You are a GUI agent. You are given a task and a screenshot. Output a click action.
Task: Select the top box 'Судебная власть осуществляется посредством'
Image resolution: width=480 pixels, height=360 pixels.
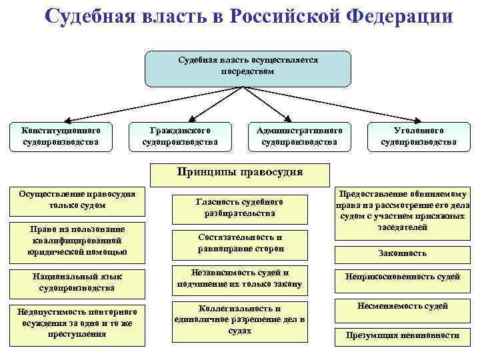pyautogui.click(x=248, y=68)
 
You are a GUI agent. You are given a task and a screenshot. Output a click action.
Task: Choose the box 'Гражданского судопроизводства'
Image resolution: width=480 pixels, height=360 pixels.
pyautogui.click(x=180, y=136)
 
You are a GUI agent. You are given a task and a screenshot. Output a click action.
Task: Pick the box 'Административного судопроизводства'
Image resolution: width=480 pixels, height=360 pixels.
pyautogui.click(x=299, y=136)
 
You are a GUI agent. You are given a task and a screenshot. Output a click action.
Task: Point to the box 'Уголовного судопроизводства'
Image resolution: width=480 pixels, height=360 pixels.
pyautogui.click(x=419, y=136)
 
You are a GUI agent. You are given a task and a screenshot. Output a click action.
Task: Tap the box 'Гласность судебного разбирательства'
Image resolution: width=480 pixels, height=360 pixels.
pyautogui.click(x=239, y=208)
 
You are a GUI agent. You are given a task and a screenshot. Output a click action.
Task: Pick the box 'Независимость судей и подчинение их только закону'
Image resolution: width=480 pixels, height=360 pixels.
pyautogui.click(x=239, y=279)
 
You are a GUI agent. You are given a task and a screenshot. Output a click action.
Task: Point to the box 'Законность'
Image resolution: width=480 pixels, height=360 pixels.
pyautogui.click(x=401, y=253)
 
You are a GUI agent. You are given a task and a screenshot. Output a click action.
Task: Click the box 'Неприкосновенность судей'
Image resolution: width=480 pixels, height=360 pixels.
pyautogui.click(x=402, y=277)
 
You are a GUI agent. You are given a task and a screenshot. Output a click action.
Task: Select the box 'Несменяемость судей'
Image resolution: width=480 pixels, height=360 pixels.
pyautogui.click(x=402, y=307)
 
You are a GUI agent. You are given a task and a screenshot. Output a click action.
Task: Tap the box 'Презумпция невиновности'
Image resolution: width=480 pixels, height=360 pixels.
pyautogui.click(x=402, y=335)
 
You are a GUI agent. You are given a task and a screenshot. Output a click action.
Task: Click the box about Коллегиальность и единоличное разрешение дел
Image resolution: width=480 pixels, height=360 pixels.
pyautogui.click(x=239, y=320)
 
